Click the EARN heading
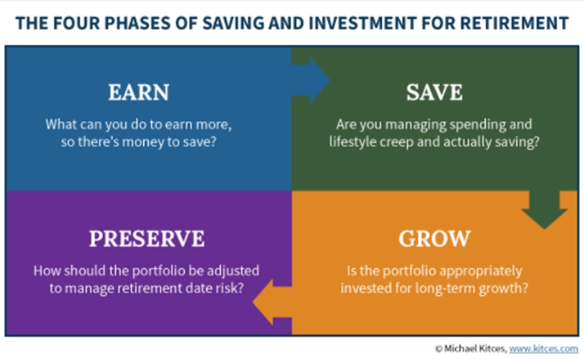point(139,92)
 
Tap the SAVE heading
point(435,92)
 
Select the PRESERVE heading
point(147,239)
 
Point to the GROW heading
point(435,239)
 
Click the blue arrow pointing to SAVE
point(311,80)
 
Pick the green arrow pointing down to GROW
point(545,209)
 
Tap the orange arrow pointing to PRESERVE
point(272,302)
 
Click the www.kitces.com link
point(543,349)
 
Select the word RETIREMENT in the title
point(514,22)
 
